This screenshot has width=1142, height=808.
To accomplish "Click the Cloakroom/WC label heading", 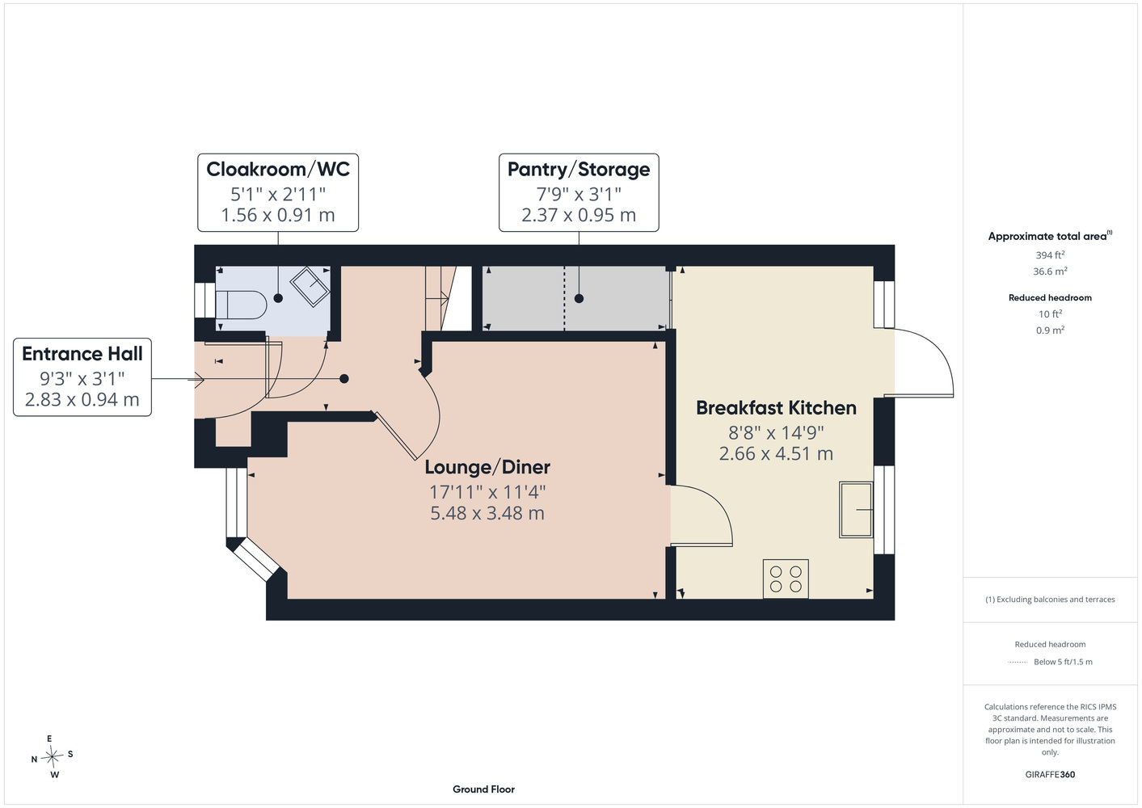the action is click(x=278, y=169).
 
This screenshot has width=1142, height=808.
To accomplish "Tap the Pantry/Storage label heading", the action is click(x=579, y=169).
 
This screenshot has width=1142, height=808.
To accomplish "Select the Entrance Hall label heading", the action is click(x=82, y=354).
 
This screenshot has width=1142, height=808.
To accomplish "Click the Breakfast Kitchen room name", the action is click(x=776, y=408).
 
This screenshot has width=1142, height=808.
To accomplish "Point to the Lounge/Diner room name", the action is click(x=487, y=467).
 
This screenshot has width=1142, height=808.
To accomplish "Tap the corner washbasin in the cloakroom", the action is click(x=310, y=287).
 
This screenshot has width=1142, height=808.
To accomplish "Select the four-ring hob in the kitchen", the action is click(x=786, y=579).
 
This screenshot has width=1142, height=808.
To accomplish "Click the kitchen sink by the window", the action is click(x=856, y=510).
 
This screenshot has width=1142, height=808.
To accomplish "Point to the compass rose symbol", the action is click(x=52, y=756).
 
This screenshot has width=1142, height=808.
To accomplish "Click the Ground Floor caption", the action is click(x=483, y=789).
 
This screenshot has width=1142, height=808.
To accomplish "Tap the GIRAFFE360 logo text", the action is click(x=1050, y=774).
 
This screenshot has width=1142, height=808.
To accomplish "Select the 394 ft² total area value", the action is click(x=1050, y=255).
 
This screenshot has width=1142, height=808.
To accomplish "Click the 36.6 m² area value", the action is click(x=1050, y=271).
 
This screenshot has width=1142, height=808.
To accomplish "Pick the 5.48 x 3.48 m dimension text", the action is click(x=487, y=513).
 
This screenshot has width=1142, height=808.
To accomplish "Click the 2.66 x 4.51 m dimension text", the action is click(x=776, y=453).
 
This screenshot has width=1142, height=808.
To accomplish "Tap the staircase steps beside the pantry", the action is click(x=437, y=298).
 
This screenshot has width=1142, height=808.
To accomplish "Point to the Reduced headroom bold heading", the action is click(x=1050, y=297).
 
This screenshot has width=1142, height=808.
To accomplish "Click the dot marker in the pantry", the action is click(x=579, y=299).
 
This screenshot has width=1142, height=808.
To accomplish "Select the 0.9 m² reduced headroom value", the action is click(x=1050, y=330).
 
